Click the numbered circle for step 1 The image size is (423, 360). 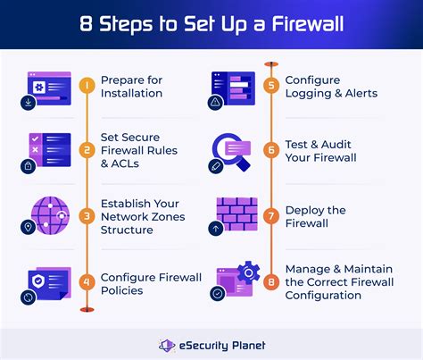(x=86, y=86)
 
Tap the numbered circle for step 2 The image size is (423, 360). (x=86, y=149)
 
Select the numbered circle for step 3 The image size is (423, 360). (x=86, y=214)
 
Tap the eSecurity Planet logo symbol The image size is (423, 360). (x=166, y=345)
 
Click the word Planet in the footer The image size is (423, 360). (x=245, y=345)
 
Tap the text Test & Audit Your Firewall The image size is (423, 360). (x=320, y=151)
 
